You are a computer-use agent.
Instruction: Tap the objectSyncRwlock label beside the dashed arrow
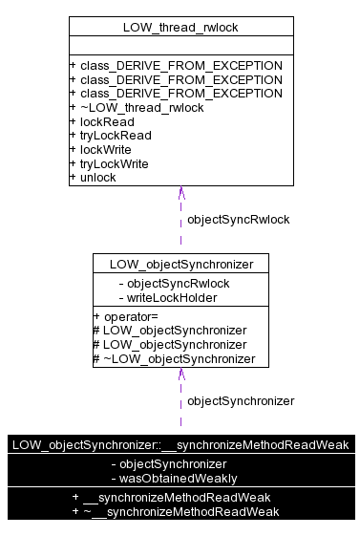point(238,219)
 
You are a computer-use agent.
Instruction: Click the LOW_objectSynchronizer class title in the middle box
point(180,263)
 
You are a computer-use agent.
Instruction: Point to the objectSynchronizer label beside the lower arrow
point(241,400)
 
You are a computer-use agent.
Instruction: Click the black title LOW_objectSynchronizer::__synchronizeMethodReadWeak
point(180,444)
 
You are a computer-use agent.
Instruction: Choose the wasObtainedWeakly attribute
point(174,478)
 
